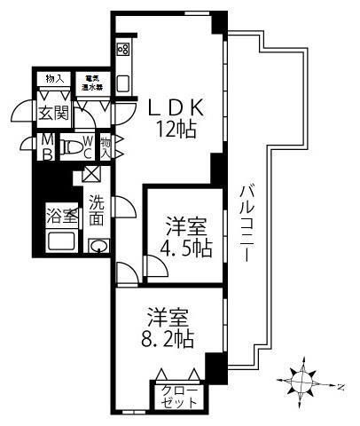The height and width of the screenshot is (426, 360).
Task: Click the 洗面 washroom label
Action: pos(98,210)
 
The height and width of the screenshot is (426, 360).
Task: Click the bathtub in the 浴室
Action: pos(62,241)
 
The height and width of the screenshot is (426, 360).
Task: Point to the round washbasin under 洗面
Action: pos(100,247)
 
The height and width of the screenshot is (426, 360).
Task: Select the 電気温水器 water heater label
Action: pos(91,82)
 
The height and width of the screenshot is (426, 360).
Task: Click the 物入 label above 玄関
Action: pos(54,78)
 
